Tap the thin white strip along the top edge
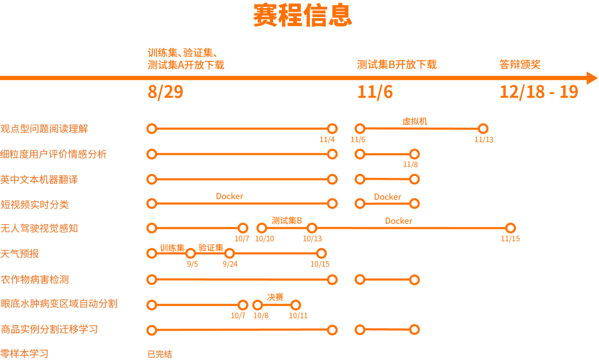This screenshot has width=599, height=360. [x=299, y=1]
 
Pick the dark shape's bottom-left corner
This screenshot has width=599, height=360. [x=1, y=358]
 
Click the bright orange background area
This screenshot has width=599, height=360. [x=366, y=167]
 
